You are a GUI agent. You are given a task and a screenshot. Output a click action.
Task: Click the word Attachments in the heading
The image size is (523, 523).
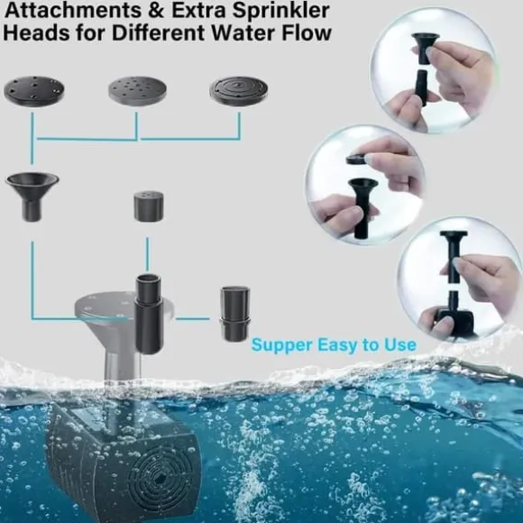73,10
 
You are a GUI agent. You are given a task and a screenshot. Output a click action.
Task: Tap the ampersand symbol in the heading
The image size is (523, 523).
156,10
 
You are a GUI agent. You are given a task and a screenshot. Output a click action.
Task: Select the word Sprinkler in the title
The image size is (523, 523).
280,11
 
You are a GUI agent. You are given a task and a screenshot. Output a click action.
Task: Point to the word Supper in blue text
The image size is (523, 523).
282,345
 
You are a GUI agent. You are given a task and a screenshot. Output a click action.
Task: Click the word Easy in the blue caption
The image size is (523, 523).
337,345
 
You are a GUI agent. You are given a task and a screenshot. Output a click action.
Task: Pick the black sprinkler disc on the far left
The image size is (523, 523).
34,91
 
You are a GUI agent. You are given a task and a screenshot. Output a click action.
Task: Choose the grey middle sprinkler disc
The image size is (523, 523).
137,91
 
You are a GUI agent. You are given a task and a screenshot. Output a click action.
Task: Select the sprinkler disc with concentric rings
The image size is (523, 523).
238,91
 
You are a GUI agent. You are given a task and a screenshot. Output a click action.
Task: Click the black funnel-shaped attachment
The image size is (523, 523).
32,197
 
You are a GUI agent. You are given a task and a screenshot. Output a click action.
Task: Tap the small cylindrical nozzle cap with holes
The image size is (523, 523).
149,206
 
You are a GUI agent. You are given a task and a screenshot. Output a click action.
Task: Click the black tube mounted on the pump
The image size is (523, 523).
149,314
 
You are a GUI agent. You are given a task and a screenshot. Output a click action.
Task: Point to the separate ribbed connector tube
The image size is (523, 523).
234,314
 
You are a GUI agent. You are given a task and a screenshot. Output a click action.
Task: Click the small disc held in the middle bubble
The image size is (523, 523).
357,160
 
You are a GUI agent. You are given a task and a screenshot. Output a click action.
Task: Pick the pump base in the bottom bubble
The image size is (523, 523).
453,319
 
